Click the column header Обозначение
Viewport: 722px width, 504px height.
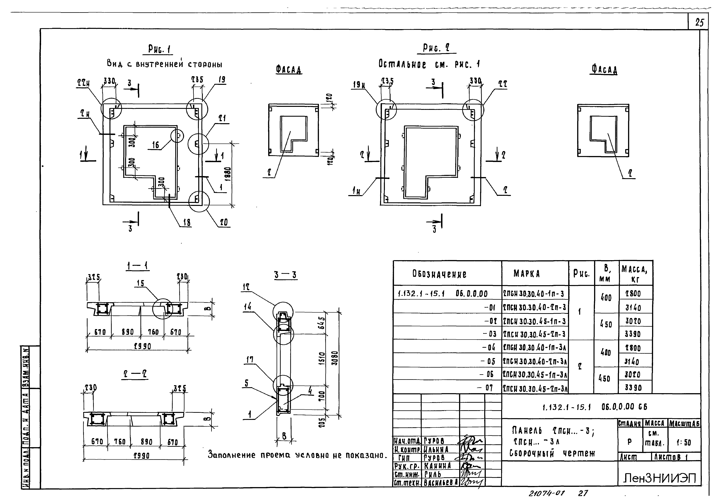[x=439, y=274]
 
